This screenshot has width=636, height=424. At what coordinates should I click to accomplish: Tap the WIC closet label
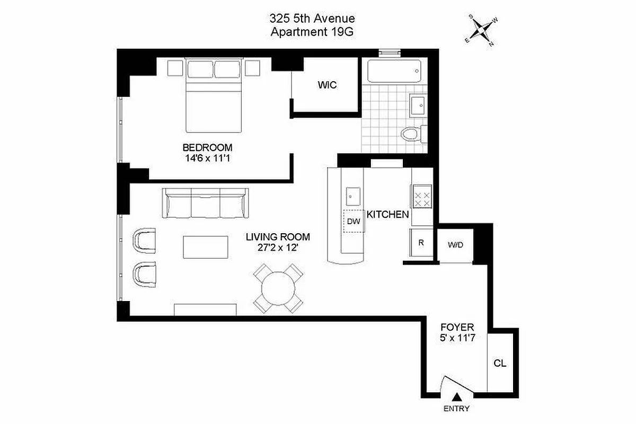point(327,85)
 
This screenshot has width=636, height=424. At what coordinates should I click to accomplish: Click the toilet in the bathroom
point(411,134)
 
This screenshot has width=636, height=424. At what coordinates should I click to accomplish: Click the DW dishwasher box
point(354,222)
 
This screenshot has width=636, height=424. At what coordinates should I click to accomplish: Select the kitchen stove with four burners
point(422,199)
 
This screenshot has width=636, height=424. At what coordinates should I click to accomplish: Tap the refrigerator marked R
point(421,243)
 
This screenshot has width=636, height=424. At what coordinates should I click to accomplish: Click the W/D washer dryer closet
point(455,245)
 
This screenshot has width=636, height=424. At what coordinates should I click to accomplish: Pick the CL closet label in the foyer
point(499,364)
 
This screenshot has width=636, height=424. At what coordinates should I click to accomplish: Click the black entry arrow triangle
point(456,397)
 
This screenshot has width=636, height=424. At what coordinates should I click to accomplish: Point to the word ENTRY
point(456,409)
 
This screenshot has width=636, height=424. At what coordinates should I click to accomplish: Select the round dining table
point(279,289)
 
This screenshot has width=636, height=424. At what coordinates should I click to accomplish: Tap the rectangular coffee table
point(206,248)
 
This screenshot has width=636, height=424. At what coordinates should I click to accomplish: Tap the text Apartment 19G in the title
point(312,32)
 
